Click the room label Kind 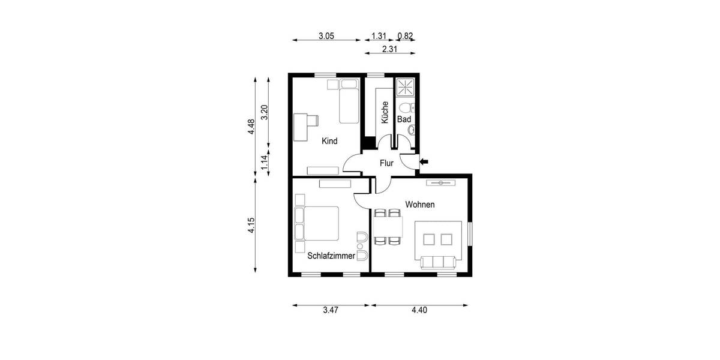pos(329,142)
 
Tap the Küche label pos(385,112)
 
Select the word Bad pos(404,120)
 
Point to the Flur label pos(386,163)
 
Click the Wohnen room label pos(420,205)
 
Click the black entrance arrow pos(424,161)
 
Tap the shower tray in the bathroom pos(406,88)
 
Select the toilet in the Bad pos(407,108)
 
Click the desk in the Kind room pos(303,127)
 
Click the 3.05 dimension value pos(326,36)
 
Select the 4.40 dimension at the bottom pos(419,310)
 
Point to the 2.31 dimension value pos(390,50)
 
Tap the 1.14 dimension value pos(264,163)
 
